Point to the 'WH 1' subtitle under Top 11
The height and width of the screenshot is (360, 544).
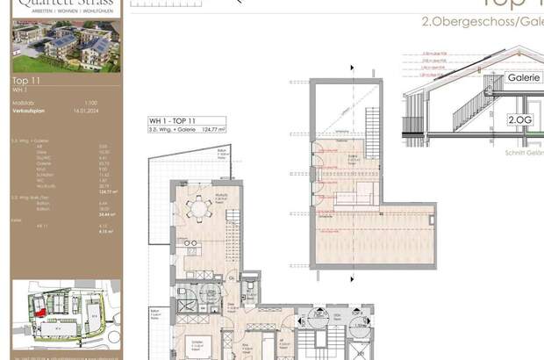click(x=18, y=89)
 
